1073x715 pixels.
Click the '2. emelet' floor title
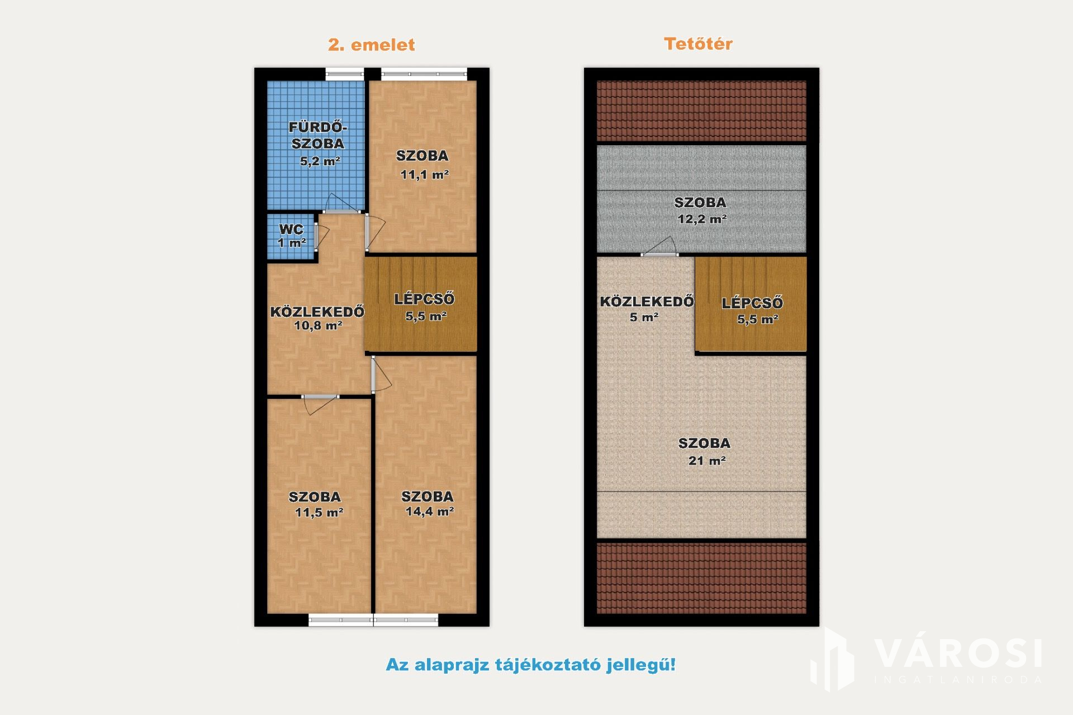coord(372,45)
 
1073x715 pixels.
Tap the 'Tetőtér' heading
coord(698,44)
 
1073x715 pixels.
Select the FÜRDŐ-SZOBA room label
coord(318,135)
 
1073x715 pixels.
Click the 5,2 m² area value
coord(320,161)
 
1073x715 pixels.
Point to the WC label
coord(291,229)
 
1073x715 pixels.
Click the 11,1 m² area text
coord(425,175)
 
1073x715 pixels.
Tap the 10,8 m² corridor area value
coord(318,326)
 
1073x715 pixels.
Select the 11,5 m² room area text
coord(319,512)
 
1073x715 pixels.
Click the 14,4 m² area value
coord(430,511)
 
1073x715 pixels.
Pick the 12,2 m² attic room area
coord(702,219)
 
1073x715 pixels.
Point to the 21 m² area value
coord(707,461)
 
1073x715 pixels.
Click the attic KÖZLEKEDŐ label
coord(647,302)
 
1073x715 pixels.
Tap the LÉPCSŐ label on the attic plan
coord(752,303)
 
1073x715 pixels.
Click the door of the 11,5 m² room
coord(320,404)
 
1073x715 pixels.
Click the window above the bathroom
coord(344,73)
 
